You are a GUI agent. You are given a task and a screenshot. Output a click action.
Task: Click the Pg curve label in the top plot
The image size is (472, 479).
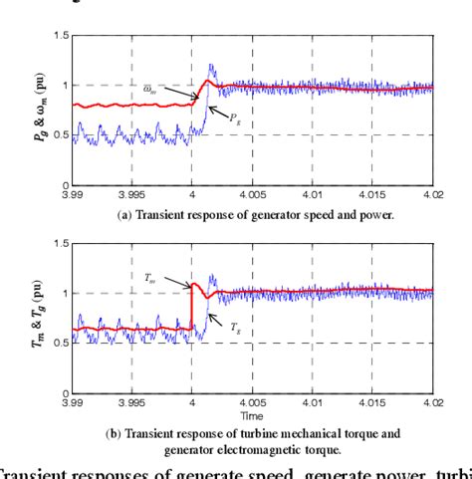click(235, 118)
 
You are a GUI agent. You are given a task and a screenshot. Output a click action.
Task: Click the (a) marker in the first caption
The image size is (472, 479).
click(124, 213)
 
